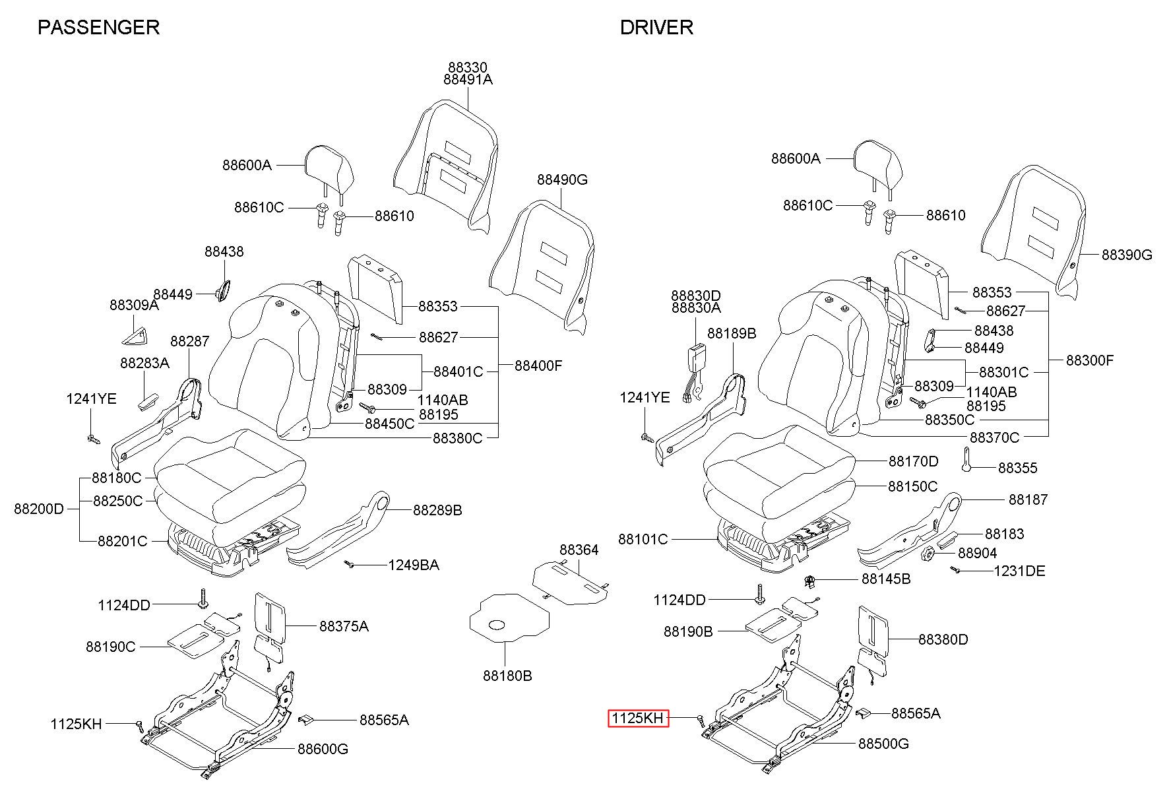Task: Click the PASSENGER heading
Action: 98,27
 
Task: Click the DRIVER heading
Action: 656,27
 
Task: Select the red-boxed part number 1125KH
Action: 638,719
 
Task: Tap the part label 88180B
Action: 507,676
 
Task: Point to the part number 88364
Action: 579,550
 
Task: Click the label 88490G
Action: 562,179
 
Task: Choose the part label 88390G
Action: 1127,255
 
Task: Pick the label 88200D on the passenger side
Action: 39,509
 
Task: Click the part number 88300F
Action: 1090,360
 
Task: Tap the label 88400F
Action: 538,366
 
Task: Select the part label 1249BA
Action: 414,565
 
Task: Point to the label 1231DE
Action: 1020,571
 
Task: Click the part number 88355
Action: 1018,468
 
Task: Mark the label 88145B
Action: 886,579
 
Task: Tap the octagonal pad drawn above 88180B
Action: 509,617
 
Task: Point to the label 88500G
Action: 883,744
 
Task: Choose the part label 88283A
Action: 144,364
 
